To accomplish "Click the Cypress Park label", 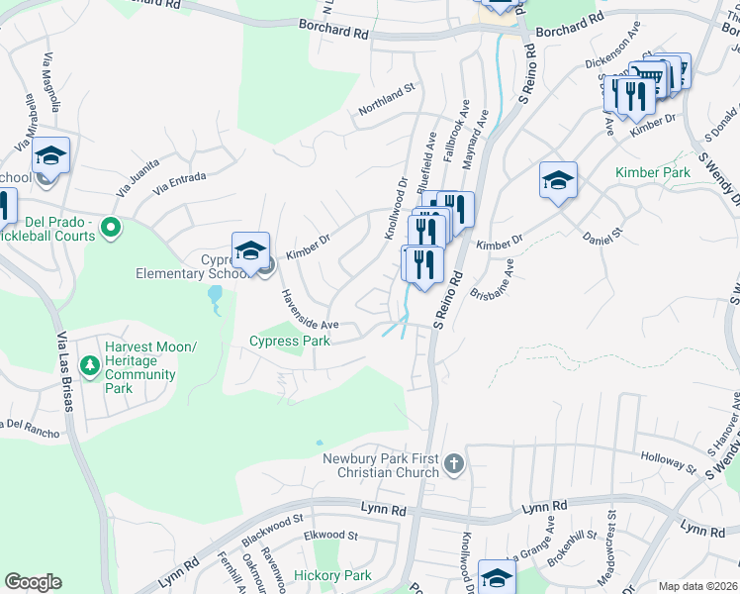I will tap(288, 342).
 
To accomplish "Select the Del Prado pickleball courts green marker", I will tap(110, 229).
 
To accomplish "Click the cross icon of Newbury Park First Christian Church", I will tap(453, 463).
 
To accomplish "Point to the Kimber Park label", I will tap(652, 172).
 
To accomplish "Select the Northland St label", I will tap(386, 101).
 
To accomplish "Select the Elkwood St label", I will tap(330, 536).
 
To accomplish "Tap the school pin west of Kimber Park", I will tap(558, 181).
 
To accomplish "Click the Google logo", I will tap(33, 582).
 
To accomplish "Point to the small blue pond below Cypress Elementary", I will tap(215, 295).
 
